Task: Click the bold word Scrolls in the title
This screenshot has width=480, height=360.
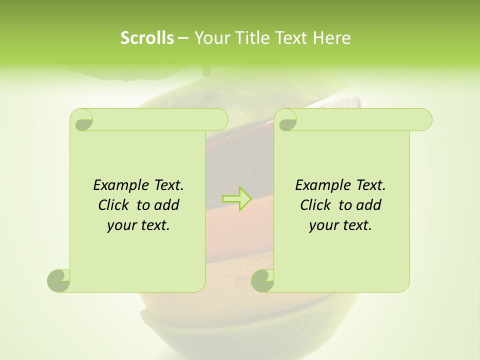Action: (x=147, y=38)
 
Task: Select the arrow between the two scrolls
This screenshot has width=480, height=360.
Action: (x=236, y=198)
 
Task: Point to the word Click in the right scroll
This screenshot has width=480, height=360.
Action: (x=316, y=205)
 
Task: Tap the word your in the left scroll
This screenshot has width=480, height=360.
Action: (x=121, y=225)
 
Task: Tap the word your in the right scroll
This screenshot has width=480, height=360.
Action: (x=323, y=225)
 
